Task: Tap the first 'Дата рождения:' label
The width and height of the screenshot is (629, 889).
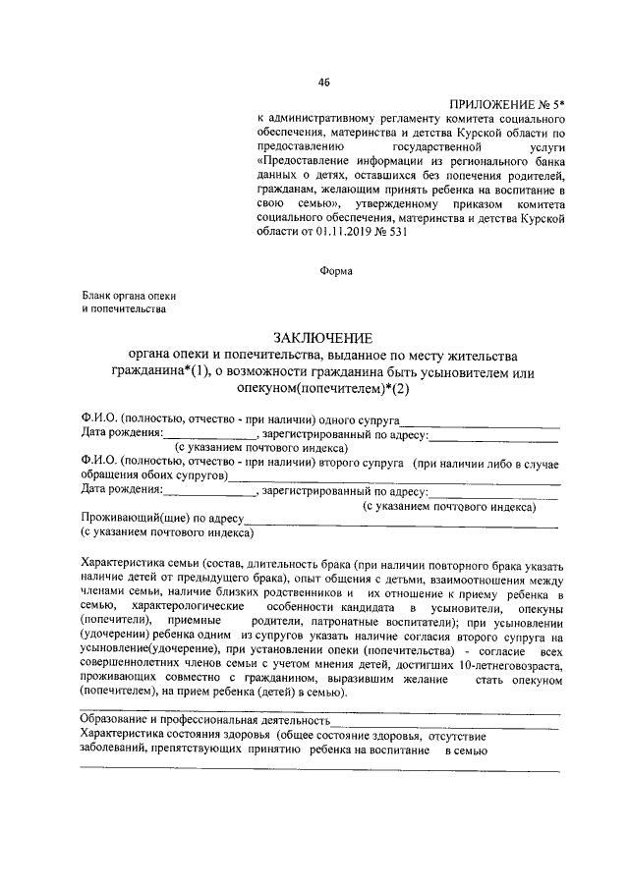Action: (x=121, y=435)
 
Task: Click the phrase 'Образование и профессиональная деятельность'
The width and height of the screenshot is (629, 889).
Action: (x=204, y=720)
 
